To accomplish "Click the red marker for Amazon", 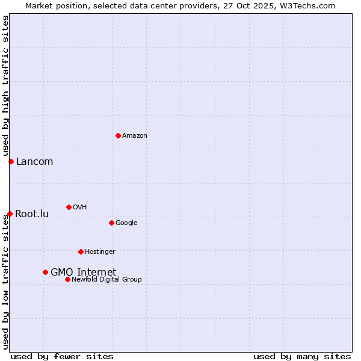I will [x=118, y=135].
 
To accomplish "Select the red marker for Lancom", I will [x=11, y=161].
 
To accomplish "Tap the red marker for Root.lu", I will [x=10, y=214].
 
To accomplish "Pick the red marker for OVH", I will [x=69, y=207].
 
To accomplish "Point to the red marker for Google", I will [x=111, y=223].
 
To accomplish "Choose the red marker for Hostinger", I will [x=81, y=251].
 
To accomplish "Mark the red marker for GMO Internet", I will [x=45, y=272].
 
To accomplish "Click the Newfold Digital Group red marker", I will [x=67, y=279].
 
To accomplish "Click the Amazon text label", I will [x=135, y=136].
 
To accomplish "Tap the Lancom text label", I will [x=34, y=161].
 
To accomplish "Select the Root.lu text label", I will [x=32, y=214].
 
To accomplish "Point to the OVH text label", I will [x=80, y=208].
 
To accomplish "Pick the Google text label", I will [x=126, y=223].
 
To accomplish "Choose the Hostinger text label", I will [x=100, y=252].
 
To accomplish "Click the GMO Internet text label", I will [x=83, y=272].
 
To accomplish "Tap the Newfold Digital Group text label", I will [x=106, y=280].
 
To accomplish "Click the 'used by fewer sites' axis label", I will [x=62, y=356].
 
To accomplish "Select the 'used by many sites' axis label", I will [x=302, y=356].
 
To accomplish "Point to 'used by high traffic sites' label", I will [x=5, y=86].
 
